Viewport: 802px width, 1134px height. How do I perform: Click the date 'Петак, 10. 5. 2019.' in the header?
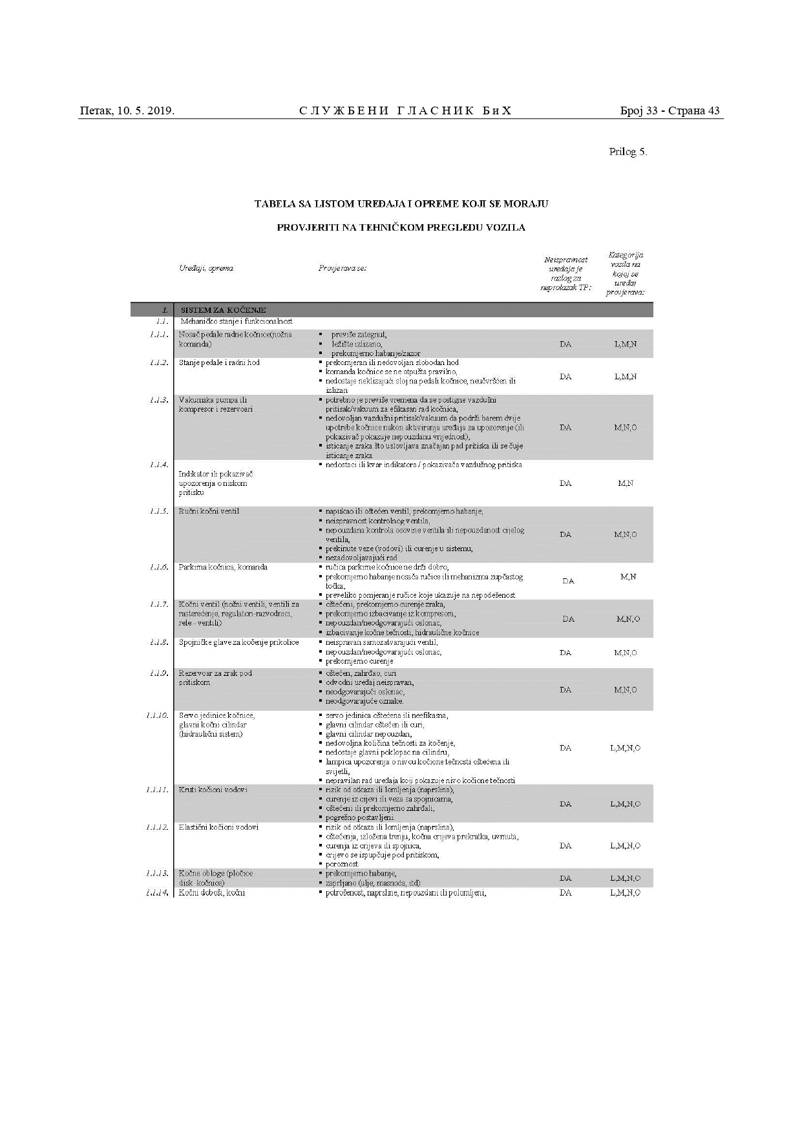click(127, 110)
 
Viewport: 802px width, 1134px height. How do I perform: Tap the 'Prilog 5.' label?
click(628, 152)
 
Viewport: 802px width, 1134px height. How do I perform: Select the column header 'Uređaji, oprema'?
click(206, 268)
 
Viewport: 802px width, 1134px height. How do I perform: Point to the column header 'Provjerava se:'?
click(343, 268)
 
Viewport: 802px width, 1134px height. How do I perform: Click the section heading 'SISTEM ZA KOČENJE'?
click(223, 310)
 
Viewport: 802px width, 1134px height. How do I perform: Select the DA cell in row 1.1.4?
click(565, 483)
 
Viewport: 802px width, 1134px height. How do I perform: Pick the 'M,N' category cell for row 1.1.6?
click(627, 576)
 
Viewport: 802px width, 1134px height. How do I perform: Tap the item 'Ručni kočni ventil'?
click(209, 511)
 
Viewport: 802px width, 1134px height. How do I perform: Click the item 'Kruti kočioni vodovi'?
click(213, 790)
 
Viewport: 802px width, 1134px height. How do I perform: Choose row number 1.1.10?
click(157, 715)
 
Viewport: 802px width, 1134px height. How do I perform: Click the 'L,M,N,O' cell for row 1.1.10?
click(625, 748)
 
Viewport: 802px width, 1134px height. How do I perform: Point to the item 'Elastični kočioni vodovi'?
click(218, 827)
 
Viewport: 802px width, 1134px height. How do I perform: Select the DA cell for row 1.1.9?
click(565, 689)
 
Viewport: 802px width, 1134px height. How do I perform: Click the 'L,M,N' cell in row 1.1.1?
click(625, 344)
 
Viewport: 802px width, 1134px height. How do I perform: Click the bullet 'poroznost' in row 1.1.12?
click(342, 864)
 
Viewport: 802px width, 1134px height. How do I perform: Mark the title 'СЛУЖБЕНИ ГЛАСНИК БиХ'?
click(405, 110)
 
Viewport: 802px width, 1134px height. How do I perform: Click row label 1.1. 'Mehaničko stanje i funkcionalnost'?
click(236, 321)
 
